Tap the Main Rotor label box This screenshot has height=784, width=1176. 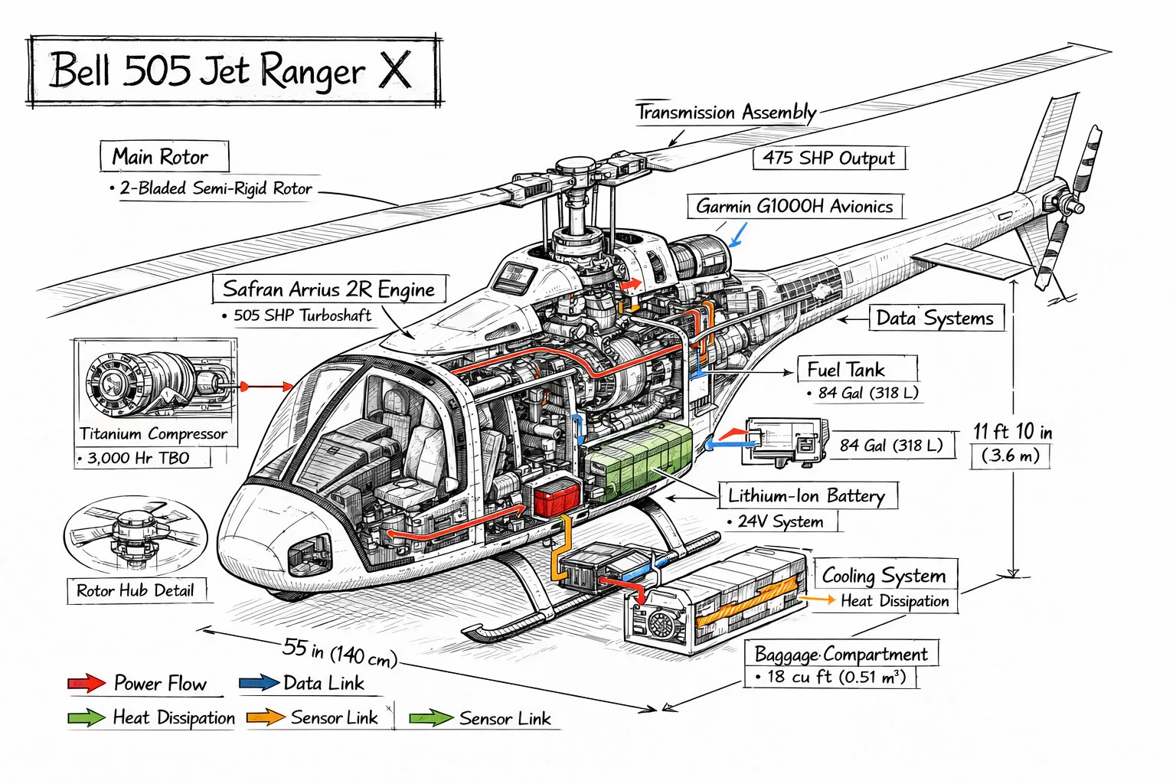point(163,157)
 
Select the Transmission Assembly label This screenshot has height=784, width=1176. point(726,113)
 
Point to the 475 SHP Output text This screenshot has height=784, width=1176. point(828,158)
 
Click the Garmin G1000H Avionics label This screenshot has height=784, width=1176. point(795,207)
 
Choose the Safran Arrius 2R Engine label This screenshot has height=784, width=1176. point(328,289)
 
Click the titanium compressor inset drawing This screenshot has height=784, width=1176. point(155,382)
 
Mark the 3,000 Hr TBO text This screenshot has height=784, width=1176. point(138,458)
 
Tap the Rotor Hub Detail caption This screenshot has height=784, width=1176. point(136,590)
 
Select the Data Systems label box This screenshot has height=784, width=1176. point(935,318)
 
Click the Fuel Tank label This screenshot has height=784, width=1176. point(846,370)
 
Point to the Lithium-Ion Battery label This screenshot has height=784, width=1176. point(806,496)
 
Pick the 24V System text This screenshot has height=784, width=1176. point(780,522)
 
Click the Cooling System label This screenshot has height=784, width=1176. point(884,575)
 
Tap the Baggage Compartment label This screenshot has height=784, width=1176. point(841,655)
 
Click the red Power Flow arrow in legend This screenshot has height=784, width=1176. point(87,683)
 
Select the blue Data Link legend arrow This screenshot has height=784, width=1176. point(258,683)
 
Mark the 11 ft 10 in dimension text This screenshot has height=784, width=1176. point(1012,432)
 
